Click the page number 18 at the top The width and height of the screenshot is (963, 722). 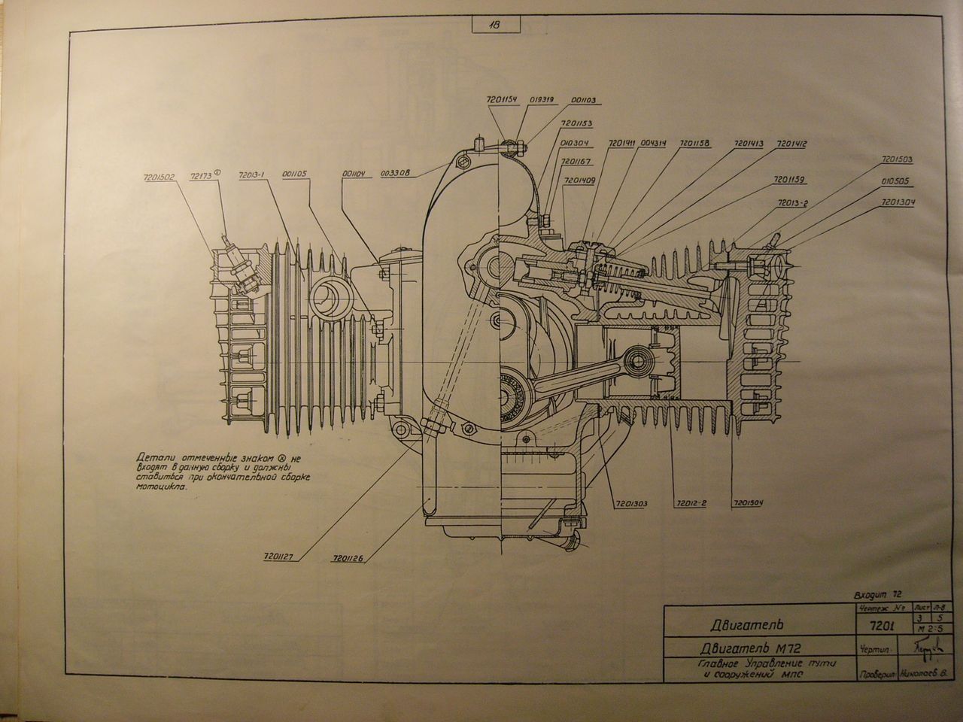click(x=497, y=24)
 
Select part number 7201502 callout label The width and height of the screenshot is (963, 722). click(x=157, y=179)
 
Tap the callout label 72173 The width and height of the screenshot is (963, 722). click(x=202, y=174)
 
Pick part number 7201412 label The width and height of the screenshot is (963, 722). click(x=791, y=144)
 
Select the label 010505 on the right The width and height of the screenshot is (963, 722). click(x=896, y=181)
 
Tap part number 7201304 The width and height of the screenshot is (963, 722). click(x=898, y=202)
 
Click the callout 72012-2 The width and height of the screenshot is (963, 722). click(x=688, y=502)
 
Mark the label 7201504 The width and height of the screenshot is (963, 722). click(x=745, y=502)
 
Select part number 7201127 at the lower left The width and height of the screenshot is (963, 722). click(x=279, y=557)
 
